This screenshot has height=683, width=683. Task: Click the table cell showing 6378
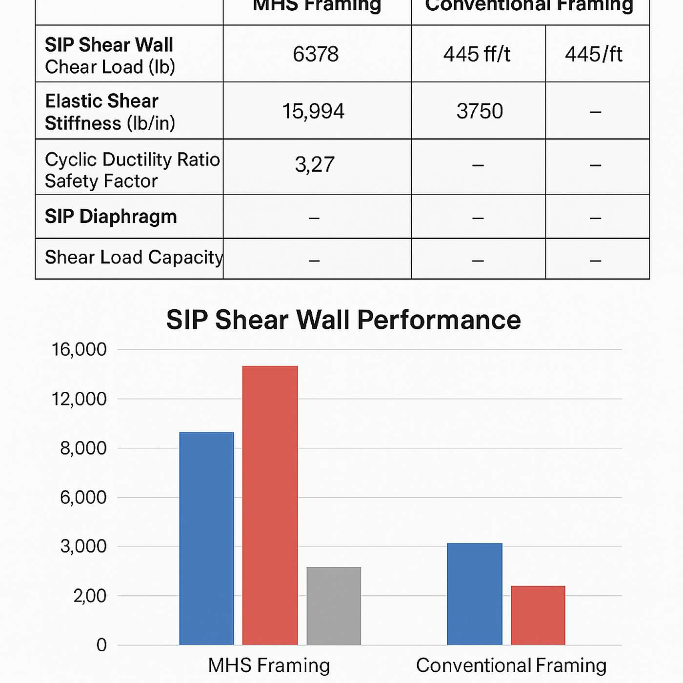click(x=316, y=54)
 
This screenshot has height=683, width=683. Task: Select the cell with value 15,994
click(x=313, y=111)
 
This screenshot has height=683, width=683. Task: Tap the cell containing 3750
click(x=479, y=111)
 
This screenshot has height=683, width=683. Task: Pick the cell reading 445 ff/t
click(x=477, y=54)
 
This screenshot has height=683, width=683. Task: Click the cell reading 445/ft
click(x=593, y=54)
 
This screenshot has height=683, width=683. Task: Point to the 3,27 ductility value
click(x=315, y=165)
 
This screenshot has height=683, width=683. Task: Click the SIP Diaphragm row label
click(x=111, y=217)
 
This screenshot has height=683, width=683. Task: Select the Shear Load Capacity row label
click(x=134, y=258)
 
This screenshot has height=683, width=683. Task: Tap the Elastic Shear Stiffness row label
click(x=110, y=112)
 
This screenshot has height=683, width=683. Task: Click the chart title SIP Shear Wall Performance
click(x=343, y=320)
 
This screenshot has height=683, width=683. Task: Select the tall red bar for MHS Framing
click(x=270, y=505)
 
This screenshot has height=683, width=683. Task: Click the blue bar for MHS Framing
click(x=206, y=538)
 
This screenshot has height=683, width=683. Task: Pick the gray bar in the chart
click(x=334, y=605)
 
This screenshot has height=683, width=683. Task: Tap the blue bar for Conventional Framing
click(x=474, y=594)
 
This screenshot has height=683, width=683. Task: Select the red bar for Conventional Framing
click(x=538, y=615)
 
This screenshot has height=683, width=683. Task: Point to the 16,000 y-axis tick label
click(x=79, y=349)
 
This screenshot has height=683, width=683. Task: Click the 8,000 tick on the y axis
click(x=83, y=448)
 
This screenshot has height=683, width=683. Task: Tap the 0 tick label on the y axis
click(x=101, y=645)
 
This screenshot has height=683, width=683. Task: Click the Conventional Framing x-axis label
click(x=511, y=665)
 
